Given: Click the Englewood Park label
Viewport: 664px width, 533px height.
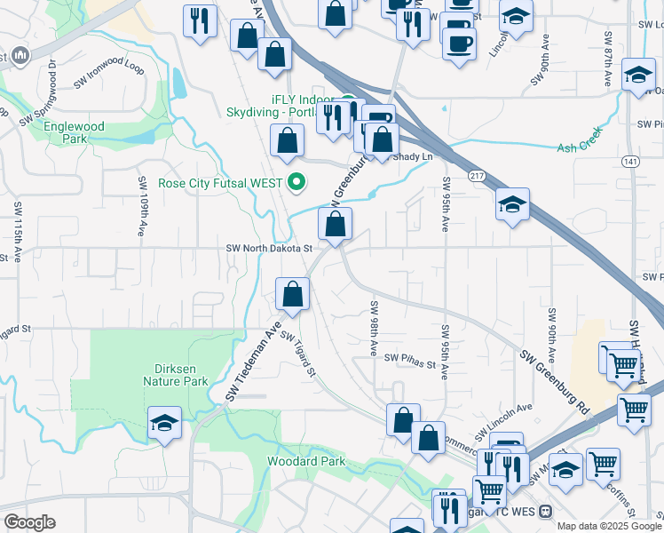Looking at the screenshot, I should pyautogui.click(x=75, y=132).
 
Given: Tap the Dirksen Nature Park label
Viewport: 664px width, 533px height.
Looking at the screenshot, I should pyautogui.click(x=175, y=374).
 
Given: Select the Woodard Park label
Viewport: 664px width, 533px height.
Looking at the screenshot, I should pyautogui.click(x=306, y=462).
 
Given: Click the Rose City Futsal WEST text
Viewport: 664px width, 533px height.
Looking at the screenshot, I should pyautogui.click(x=220, y=184).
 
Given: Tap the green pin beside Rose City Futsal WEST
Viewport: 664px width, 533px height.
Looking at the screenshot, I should pyautogui.click(x=296, y=183).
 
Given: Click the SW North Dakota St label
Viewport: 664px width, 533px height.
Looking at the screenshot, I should pyautogui.click(x=270, y=249).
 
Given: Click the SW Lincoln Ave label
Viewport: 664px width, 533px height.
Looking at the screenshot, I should pyautogui.click(x=502, y=419).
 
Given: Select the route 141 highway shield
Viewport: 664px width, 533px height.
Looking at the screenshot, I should pyautogui.click(x=630, y=161).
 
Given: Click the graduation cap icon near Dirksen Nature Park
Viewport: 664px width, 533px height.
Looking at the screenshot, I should pyautogui.click(x=164, y=423).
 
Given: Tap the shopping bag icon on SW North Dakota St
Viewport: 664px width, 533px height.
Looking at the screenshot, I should pyautogui.click(x=335, y=226).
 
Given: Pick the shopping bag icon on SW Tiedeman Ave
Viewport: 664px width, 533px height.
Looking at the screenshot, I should pyautogui.click(x=292, y=294).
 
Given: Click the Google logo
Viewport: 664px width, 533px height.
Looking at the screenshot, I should pyautogui.click(x=29, y=522).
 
